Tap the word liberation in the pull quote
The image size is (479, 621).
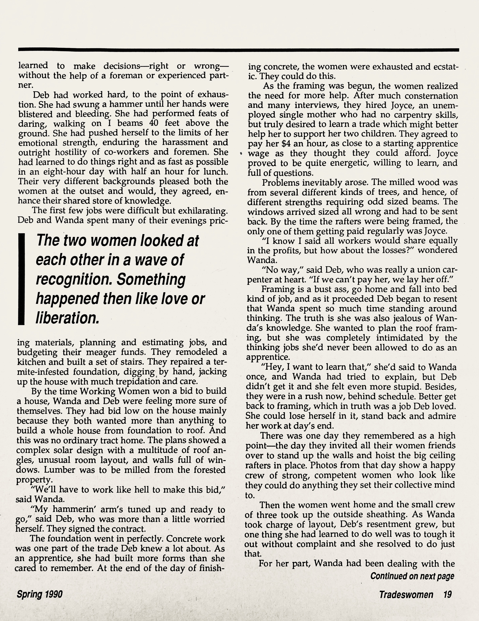tap(67, 318)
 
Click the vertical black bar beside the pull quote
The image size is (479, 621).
tap(21, 279)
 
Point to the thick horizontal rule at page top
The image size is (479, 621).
tap(238, 50)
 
